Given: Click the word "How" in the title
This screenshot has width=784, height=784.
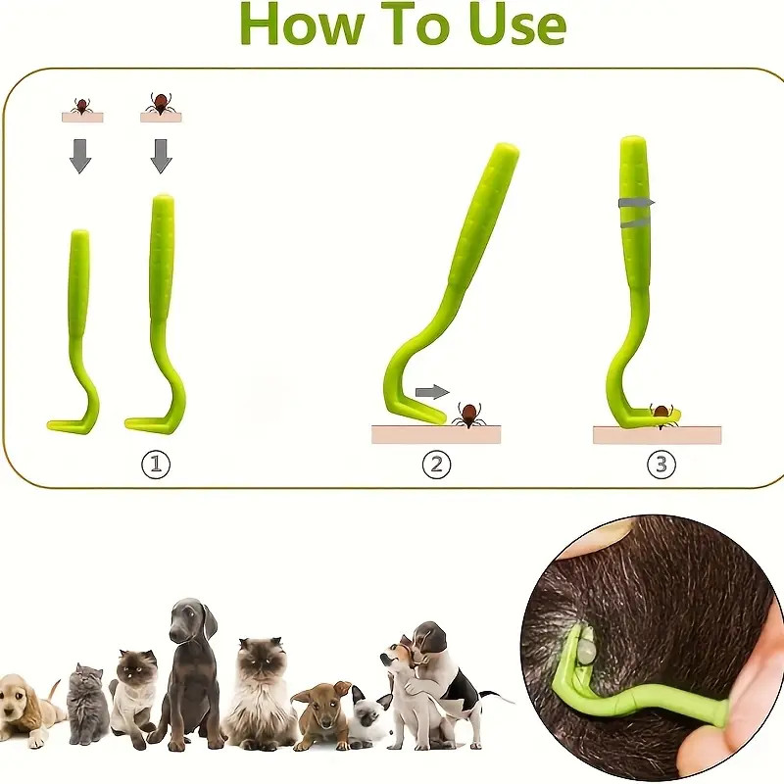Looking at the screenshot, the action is [x=303, y=23].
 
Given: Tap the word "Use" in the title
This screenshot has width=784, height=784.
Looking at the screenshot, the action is [x=516, y=23].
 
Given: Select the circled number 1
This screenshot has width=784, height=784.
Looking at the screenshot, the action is [x=156, y=465].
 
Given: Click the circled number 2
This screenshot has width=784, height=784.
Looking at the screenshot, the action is [x=436, y=465].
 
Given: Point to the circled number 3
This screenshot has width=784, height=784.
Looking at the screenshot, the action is [x=661, y=465].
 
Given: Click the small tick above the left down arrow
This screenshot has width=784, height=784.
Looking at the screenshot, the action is [x=80, y=106].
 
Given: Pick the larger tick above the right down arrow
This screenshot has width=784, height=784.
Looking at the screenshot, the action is [x=160, y=103].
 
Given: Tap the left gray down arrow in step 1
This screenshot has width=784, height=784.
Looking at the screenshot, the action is [x=80, y=156].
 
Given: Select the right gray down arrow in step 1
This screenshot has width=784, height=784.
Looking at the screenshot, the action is [x=161, y=156].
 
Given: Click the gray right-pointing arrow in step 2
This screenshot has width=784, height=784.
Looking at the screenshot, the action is [x=432, y=392].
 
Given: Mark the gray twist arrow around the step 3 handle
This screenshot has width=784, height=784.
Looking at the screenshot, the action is [x=636, y=212].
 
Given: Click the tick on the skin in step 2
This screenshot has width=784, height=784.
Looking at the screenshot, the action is [x=469, y=415].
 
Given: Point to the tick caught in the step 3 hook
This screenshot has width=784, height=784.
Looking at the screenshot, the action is [x=661, y=415].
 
